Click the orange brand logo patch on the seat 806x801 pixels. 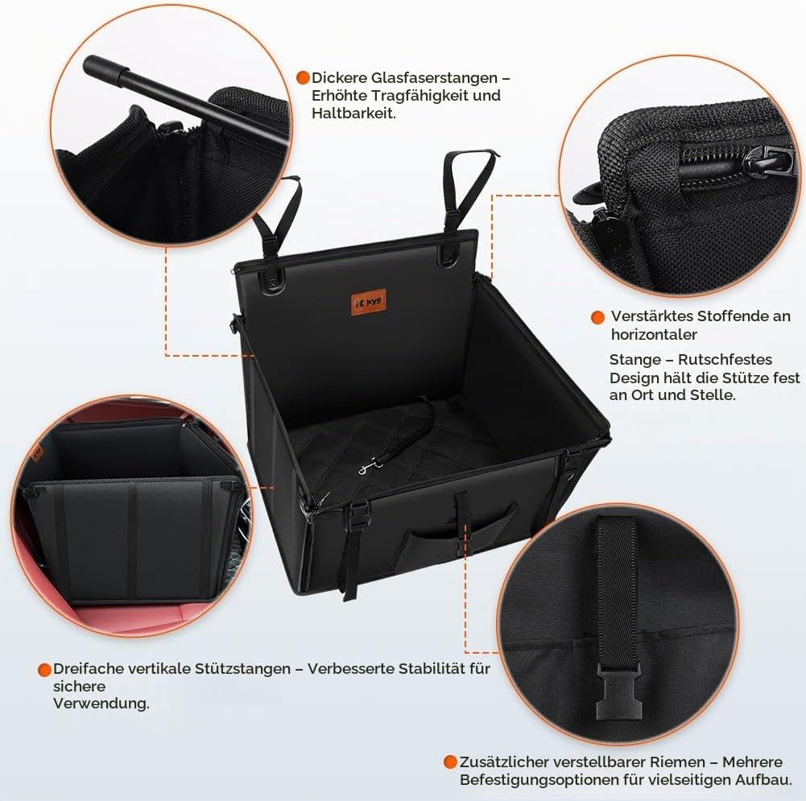[x=369, y=302]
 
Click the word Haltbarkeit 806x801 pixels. [x=353, y=113]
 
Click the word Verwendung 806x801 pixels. [x=101, y=703]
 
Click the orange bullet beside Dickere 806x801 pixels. [x=304, y=77]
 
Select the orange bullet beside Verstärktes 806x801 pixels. [x=597, y=317]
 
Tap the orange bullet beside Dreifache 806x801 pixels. [x=45, y=670]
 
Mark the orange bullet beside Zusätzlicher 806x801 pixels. [x=450, y=762]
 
